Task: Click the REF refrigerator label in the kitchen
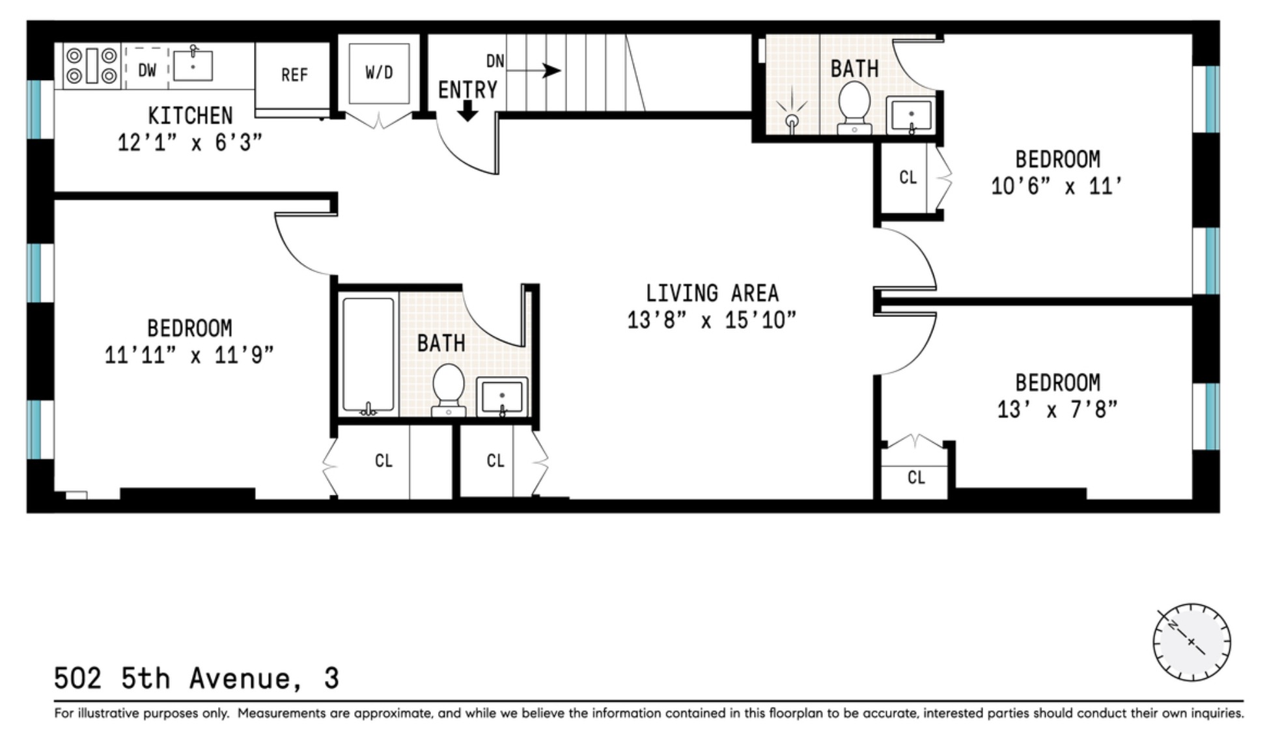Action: [294, 76]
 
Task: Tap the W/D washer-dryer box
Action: [379, 73]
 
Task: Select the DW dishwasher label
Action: [147, 70]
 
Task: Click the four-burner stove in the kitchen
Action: [92, 66]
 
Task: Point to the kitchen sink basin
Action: [193, 66]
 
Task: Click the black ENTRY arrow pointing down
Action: [467, 111]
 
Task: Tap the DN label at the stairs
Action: [495, 61]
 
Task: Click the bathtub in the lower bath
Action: [368, 355]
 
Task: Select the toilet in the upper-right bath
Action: [854, 107]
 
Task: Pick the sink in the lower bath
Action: [501, 396]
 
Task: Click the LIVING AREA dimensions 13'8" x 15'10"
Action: [712, 320]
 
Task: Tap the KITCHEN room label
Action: [190, 116]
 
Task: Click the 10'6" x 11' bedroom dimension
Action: [1057, 187]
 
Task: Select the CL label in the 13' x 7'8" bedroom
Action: [916, 478]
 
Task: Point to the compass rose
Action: [1191, 642]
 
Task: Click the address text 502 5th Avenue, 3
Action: [197, 678]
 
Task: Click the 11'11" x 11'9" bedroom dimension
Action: [189, 355]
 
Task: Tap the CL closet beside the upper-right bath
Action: [908, 177]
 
